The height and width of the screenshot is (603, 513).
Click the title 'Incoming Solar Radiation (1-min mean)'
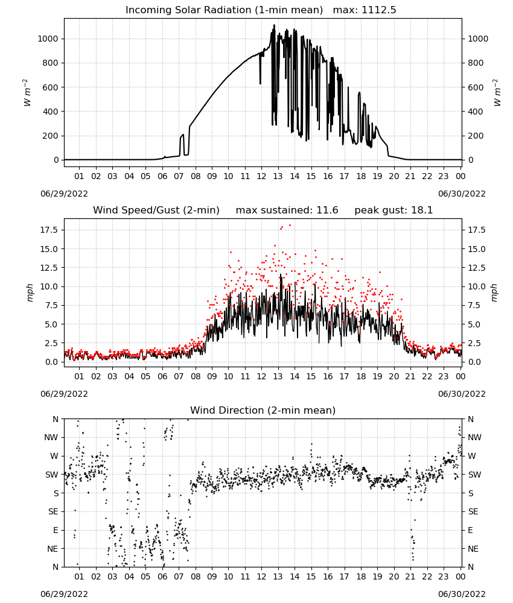click(x=224, y=10)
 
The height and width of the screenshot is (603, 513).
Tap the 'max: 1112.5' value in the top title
click(x=365, y=10)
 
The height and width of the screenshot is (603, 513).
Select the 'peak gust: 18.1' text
click(x=394, y=210)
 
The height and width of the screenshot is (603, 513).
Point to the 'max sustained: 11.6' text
click(x=287, y=210)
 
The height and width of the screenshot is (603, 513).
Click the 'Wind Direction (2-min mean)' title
click(x=263, y=410)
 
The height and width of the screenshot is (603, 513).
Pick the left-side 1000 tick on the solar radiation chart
click(x=48, y=39)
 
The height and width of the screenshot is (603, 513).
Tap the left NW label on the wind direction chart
click(x=51, y=438)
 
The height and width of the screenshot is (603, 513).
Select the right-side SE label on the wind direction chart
click(x=473, y=511)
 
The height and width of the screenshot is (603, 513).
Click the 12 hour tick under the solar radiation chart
click(x=261, y=177)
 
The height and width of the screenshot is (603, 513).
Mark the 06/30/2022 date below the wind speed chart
click(x=462, y=394)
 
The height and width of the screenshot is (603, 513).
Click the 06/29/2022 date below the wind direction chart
click(x=64, y=594)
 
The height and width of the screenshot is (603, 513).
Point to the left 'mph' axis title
click(x=30, y=293)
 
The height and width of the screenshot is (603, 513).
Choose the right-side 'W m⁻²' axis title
click(x=497, y=93)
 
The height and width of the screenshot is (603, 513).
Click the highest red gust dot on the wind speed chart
click(x=290, y=226)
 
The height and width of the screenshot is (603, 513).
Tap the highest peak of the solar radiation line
click(x=275, y=25)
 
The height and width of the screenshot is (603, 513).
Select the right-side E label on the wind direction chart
click(x=470, y=530)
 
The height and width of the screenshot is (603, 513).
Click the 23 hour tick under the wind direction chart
click(x=444, y=576)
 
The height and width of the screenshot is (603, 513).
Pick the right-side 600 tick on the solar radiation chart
click(x=476, y=87)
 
